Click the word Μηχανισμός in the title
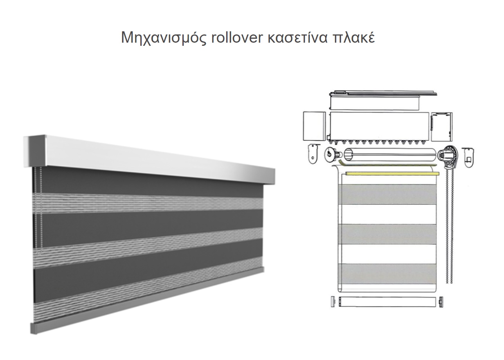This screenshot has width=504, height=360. [x=164, y=38]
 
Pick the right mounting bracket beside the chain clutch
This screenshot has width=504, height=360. [x=469, y=157]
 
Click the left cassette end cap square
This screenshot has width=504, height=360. [x=314, y=126]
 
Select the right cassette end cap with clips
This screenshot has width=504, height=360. [x=442, y=127]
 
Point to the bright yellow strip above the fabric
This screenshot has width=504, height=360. [x=392, y=173]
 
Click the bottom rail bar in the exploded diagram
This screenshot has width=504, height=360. [x=387, y=302]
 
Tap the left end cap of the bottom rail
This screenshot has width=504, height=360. [x=333, y=302]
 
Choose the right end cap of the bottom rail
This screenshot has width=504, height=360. [x=441, y=302]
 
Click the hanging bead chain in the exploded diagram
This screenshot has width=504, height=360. [x=449, y=225]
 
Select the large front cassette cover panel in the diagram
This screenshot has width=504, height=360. [x=379, y=126]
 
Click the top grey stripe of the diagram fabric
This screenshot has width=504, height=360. [x=387, y=194]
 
